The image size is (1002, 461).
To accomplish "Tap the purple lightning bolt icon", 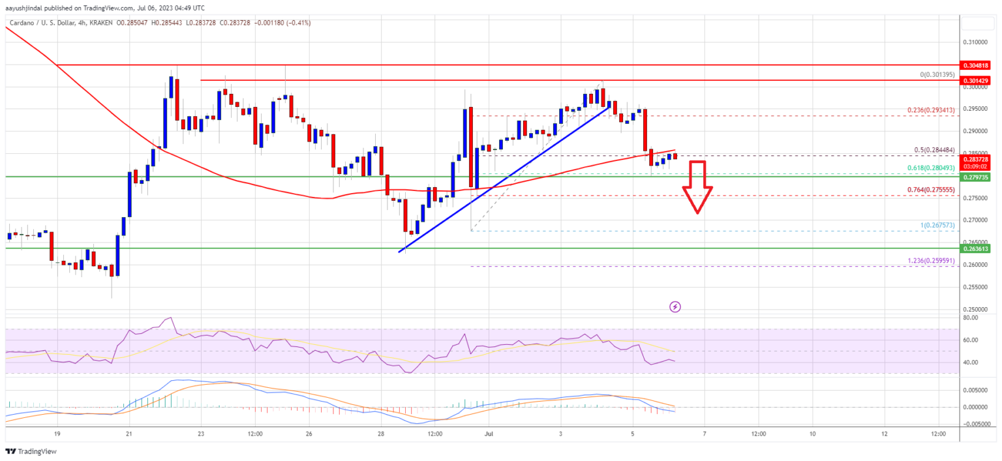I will click(675, 306).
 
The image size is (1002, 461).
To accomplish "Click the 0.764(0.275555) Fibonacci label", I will click(927, 189).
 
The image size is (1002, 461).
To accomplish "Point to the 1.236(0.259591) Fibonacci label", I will click(927, 260).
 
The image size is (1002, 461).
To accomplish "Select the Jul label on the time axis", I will click(489, 434).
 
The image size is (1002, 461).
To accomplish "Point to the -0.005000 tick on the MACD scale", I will click(977, 424).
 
